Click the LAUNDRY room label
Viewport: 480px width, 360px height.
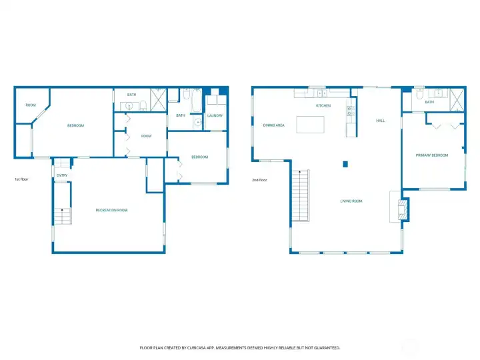(215, 115)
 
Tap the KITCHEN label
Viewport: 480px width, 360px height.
(323, 106)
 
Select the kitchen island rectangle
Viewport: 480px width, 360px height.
(311, 125)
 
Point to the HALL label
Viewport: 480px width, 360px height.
(380, 121)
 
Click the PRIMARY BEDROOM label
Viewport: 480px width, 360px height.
(431, 155)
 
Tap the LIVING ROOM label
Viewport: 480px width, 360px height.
(351, 201)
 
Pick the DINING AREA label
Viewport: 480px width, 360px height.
(274, 125)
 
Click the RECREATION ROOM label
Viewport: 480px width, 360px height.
(111, 210)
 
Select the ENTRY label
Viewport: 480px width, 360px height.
(62, 175)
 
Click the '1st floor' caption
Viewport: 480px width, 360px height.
(21, 179)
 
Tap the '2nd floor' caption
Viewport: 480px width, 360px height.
(259, 180)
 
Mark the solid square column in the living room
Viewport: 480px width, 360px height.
(345, 163)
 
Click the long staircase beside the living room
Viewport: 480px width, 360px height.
(301, 196)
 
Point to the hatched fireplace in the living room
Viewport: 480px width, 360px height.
(401, 208)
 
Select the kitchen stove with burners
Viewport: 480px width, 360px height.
(349, 111)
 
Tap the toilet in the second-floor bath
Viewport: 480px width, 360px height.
(419, 95)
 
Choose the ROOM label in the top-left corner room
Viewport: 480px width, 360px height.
(31, 105)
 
